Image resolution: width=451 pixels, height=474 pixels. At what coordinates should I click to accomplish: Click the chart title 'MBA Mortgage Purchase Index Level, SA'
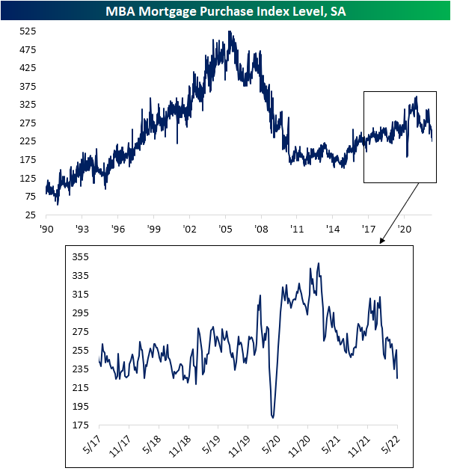point(225,10)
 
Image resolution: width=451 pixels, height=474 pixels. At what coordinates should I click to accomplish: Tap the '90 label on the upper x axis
point(46,229)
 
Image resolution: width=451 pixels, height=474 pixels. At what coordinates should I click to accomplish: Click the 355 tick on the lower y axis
point(80,257)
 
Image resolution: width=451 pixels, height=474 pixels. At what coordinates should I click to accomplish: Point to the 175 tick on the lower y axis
point(80,425)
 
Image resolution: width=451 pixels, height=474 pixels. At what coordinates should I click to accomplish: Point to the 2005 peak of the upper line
point(230,31)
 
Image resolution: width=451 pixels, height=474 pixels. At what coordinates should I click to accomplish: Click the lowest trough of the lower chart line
point(273,417)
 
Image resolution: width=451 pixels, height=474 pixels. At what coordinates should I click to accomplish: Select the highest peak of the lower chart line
point(319,263)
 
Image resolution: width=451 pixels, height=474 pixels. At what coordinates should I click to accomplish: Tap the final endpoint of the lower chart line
point(397,378)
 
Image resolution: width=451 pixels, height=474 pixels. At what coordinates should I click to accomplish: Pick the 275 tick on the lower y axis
point(80,332)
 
